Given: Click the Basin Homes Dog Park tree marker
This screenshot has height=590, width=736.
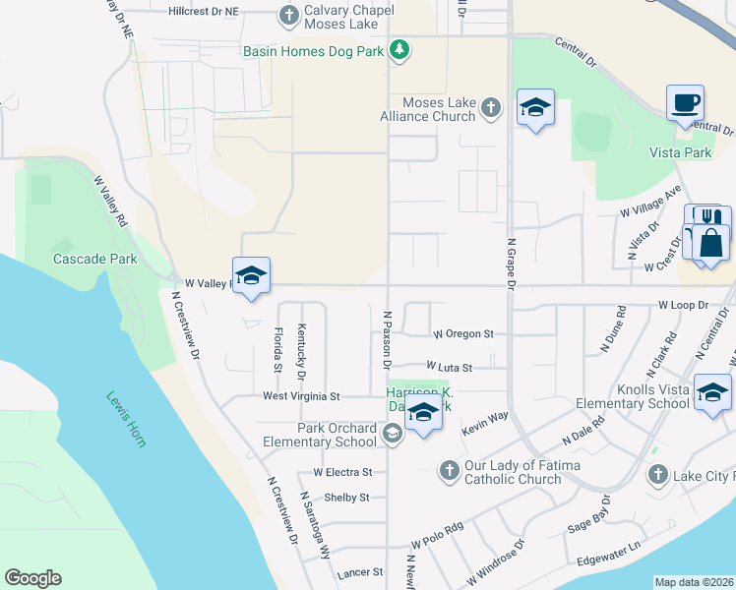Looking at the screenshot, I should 399,49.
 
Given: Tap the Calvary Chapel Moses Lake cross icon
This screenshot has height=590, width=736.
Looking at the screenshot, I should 289,15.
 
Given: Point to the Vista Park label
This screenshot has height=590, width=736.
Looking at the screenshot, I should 680,152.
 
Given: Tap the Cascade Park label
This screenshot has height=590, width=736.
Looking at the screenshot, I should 94,260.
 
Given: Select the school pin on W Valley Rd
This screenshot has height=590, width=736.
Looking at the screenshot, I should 251,276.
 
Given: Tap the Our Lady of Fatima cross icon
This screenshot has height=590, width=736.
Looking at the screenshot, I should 449,469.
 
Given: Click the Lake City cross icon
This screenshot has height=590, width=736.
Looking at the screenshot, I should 657,476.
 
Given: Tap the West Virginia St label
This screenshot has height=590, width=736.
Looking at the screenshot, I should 300,396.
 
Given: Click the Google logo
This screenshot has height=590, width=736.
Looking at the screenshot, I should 33,578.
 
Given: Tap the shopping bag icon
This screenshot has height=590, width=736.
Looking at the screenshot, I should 711,243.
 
